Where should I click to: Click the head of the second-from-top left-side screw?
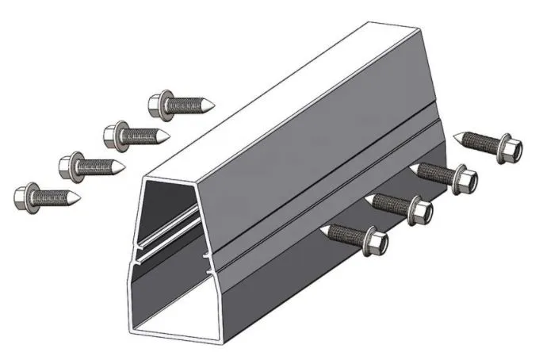[115, 133]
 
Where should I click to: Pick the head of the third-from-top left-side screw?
[70, 164]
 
